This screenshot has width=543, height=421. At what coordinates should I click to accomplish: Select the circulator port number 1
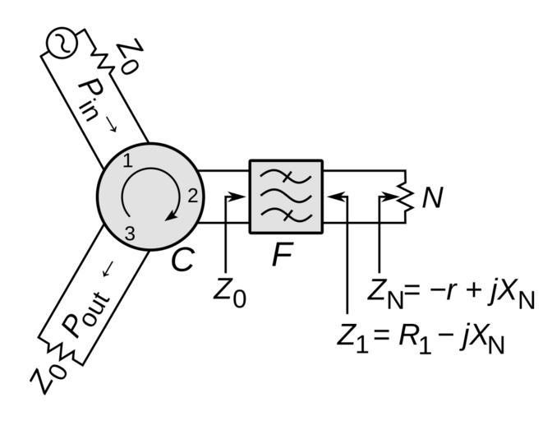click(x=128, y=161)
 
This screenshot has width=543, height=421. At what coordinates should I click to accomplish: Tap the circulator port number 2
click(x=191, y=196)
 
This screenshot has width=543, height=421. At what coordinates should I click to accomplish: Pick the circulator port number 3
click(x=129, y=233)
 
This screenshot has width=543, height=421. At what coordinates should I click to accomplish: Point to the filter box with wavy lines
click(x=286, y=197)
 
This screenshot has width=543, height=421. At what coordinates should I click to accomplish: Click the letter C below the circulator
click(x=182, y=261)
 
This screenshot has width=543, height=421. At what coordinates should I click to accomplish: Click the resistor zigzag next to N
click(x=403, y=197)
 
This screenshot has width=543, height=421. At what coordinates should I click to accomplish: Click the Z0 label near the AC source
click(x=127, y=56)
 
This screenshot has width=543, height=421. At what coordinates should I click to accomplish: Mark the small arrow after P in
click(x=111, y=124)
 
